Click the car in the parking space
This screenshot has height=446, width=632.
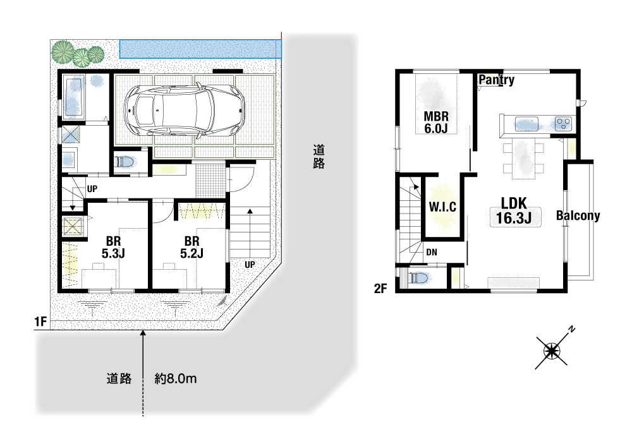184,109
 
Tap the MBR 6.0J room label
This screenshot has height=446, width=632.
436,123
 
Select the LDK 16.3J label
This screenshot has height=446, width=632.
514,211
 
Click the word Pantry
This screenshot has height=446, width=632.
497,80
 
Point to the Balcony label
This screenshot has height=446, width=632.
578,216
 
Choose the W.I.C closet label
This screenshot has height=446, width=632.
442,207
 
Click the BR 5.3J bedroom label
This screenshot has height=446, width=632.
113,248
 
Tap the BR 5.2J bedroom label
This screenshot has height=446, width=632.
191,248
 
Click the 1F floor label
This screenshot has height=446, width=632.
40,322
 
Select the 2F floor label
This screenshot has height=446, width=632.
380,289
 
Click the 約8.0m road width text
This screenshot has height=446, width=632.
176,378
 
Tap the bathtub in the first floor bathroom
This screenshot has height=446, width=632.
73,97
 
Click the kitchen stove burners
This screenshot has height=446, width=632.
563,123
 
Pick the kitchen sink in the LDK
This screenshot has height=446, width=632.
526,124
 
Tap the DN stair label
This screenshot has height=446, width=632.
432,252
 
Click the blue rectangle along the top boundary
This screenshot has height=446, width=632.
200,49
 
